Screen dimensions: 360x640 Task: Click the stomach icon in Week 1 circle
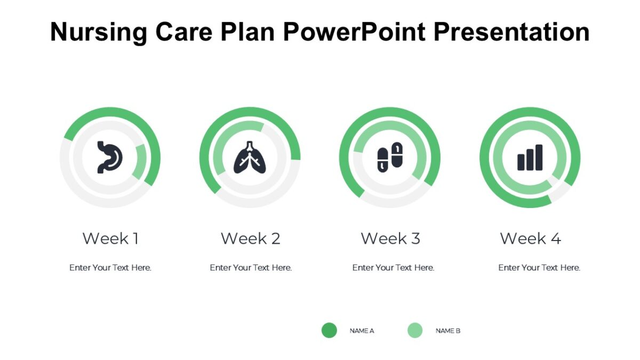(110, 157)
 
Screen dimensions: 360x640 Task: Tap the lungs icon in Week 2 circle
(250, 158)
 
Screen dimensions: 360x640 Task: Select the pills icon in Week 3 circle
(390, 157)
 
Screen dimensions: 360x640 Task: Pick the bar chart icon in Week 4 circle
(530, 158)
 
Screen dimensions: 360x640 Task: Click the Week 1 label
(110, 238)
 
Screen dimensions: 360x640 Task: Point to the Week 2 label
(250, 238)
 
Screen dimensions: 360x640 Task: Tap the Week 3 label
(390, 238)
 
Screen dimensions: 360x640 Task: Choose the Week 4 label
(530, 238)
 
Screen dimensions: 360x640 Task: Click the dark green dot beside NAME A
(329, 330)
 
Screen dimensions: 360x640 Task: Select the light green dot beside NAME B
(415, 330)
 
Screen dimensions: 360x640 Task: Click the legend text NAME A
(362, 331)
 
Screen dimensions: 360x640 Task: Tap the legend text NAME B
(447, 331)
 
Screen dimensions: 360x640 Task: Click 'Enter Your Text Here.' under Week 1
(110, 268)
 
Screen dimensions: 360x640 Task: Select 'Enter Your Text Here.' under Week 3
(393, 268)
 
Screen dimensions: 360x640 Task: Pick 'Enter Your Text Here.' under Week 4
(539, 268)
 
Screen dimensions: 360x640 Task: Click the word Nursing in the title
(99, 32)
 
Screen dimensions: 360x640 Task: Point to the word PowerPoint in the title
(355, 32)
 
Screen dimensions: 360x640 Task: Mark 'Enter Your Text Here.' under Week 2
(251, 268)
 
